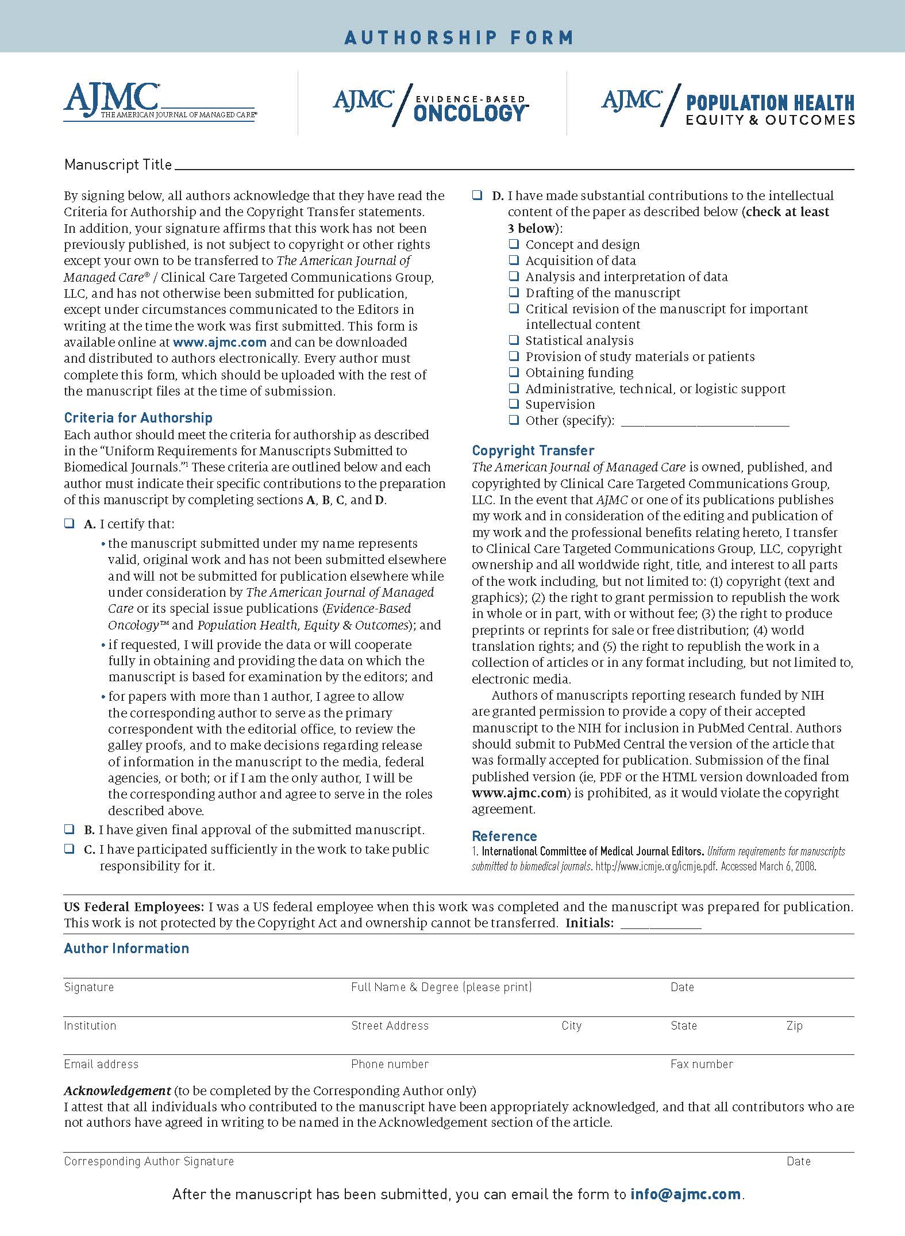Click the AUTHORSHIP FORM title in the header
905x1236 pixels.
459,38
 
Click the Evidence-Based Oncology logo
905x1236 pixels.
431,105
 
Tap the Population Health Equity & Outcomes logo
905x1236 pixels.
728,105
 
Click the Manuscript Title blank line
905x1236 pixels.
514,164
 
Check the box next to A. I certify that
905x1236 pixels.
70,524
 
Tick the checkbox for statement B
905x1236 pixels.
70,829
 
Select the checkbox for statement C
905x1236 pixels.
70,849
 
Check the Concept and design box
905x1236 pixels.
514,244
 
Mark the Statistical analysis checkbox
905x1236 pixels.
514,340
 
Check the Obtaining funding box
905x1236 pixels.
514,373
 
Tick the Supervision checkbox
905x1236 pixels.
514,404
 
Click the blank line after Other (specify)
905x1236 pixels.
705,421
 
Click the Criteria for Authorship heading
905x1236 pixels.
138,418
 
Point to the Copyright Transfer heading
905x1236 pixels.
533,451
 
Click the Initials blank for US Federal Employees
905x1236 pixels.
661,923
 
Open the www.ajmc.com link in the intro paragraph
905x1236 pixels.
219,342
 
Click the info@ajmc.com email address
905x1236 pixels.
686,1195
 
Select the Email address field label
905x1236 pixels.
101,1064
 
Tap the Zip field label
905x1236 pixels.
794,1026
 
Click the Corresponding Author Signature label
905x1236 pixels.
149,1161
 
